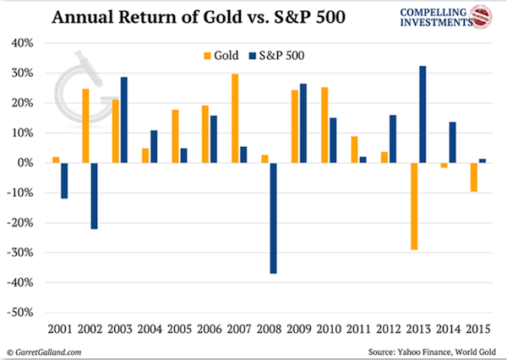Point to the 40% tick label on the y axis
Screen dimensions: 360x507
coord(22,43)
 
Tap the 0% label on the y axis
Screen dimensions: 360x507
coord(25,163)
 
